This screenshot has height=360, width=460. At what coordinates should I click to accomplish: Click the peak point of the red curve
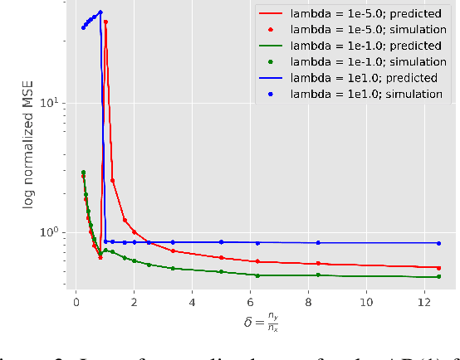click(x=105, y=22)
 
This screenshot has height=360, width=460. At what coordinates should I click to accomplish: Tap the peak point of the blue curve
click(x=100, y=12)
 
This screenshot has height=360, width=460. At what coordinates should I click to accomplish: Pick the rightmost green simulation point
click(x=439, y=276)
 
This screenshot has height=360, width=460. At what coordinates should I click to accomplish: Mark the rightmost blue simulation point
click(x=439, y=243)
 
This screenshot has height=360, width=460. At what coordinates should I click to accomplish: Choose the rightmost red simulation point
click(x=439, y=268)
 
